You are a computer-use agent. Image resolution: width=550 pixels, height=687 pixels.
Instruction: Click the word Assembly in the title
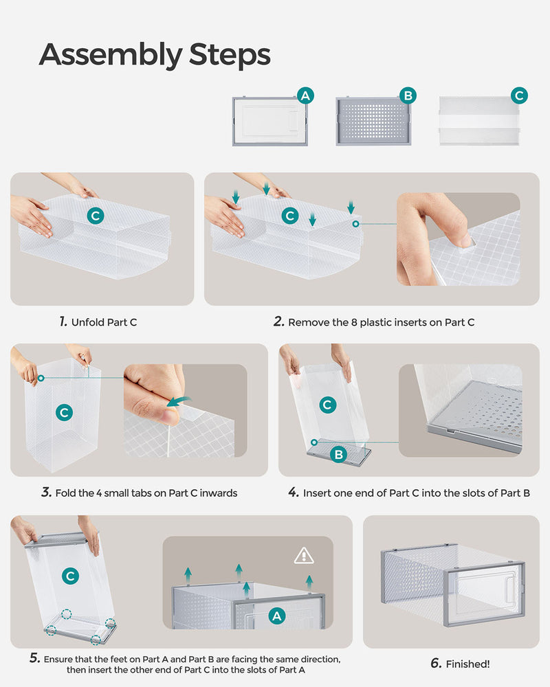pyautogui.click(x=111, y=55)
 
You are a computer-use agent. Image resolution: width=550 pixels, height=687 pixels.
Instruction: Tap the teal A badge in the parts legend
pyautogui.click(x=305, y=95)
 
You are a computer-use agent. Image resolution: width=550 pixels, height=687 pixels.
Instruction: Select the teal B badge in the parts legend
pyautogui.click(x=408, y=95)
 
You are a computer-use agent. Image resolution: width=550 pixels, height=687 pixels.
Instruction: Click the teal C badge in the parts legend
pyautogui.click(x=519, y=95)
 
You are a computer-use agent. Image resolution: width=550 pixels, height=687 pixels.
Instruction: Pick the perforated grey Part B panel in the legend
pyautogui.click(x=373, y=122)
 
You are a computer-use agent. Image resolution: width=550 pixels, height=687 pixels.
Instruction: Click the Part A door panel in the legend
pyautogui.click(x=270, y=122)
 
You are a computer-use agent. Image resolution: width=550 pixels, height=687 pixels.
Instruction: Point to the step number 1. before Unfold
pyautogui.click(x=63, y=322)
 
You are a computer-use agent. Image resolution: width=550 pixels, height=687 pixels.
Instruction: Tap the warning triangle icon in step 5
pyautogui.click(x=303, y=556)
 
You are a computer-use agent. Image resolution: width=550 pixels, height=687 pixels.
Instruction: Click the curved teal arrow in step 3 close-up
pyautogui.click(x=179, y=401)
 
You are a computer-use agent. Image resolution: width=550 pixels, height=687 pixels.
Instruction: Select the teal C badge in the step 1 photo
pyautogui.click(x=96, y=216)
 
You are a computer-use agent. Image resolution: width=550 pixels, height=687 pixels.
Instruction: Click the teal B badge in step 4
pyautogui.click(x=339, y=454)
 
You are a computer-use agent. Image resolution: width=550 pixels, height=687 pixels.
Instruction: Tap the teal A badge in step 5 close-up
pyautogui.click(x=277, y=616)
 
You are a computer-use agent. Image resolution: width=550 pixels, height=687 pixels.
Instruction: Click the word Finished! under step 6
pyautogui.click(x=468, y=664)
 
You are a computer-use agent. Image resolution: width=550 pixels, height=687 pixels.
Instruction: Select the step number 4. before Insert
pyautogui.click(x=294, y=493)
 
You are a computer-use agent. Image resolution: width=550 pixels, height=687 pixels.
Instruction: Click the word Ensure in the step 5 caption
pyautogui.click(x=58, y=660)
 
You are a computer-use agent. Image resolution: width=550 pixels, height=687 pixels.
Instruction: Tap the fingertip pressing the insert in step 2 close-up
pyautogui.click(x=464, y=239)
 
